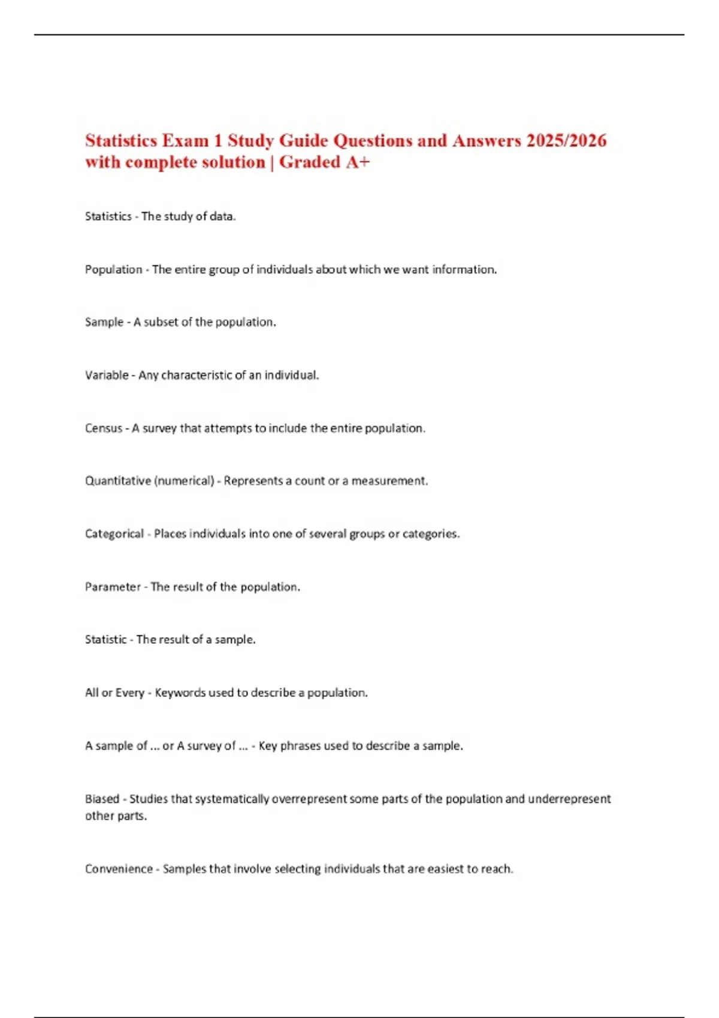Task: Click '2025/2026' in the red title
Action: pyautogui.click(x=566, y=141)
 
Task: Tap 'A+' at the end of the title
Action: pyautogui.click(x=358, y=162)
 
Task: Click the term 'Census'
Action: pyautogui.click(x=104, y=429)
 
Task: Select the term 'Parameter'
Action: pyautogui.click(x=113, y=587)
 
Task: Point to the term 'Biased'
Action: pyautogui.click(x=102, y=799)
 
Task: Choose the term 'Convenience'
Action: pyautogui.click(x=119, y=869)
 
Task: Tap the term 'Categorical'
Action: pyautogui.click(x=114, y=534)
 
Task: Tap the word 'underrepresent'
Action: pyautogui.click(x=569, y=799)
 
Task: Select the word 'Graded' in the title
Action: pyautogui.click(x=310, y=162)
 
